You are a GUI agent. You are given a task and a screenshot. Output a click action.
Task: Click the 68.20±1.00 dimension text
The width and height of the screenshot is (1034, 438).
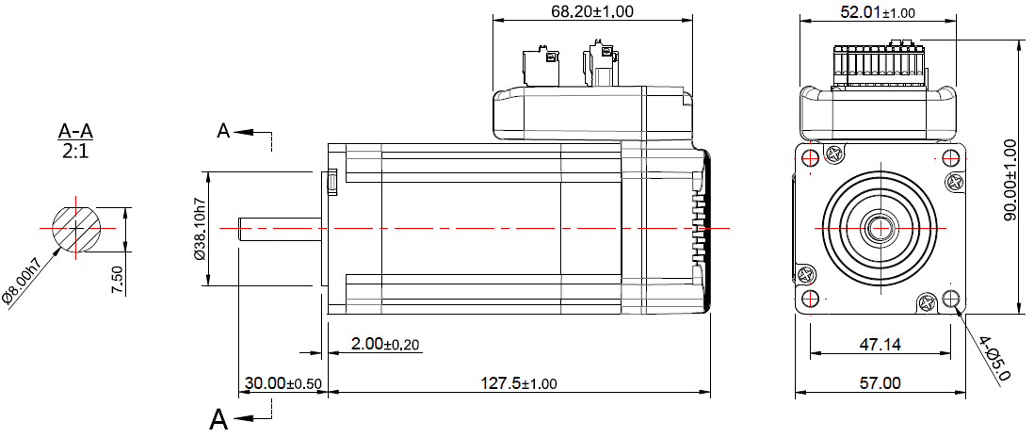tap(591, 11)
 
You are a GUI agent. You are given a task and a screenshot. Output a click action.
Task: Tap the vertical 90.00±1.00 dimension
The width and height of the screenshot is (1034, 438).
tap(1010, 180)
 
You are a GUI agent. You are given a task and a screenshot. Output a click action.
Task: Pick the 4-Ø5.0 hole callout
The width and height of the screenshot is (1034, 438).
tap(994, 358)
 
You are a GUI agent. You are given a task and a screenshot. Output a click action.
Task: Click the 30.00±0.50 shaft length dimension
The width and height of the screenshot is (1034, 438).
tap(283, 383)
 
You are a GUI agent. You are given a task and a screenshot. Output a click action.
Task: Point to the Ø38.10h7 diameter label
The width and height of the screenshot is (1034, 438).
tap(199, 229)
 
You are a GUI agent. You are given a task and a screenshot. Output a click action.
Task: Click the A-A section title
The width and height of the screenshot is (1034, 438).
tap(75, 131)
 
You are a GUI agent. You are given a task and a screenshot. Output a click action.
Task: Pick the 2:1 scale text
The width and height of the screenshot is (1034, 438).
tap(75, 150)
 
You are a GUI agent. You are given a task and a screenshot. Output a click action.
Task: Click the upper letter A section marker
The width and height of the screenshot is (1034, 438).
tap(223, 131)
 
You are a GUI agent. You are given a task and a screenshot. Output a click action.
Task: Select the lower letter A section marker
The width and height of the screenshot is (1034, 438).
tap(218, 417)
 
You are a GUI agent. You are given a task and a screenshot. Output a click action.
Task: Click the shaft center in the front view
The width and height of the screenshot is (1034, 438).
tap(882, 228)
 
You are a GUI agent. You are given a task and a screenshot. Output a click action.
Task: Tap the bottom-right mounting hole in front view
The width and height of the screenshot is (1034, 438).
tap(951, 300)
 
